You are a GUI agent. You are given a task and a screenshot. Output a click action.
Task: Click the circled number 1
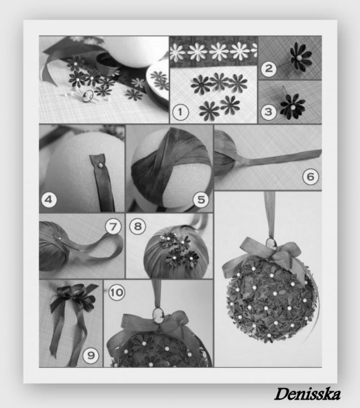coord(180,112)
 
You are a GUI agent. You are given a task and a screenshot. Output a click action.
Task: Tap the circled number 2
coord(269,69)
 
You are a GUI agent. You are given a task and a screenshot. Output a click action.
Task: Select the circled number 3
coord(268,112)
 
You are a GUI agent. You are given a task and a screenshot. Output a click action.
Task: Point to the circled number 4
coord(49,200)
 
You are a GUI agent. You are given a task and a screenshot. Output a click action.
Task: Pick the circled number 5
coord(201,200)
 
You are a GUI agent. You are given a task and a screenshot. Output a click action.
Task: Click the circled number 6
coord(310,177)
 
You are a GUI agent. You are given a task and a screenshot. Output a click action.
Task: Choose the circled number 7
coord(113,226)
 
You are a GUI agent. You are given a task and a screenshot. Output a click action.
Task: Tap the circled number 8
coord(138,226)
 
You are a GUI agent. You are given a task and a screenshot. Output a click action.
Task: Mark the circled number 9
coord(90,355)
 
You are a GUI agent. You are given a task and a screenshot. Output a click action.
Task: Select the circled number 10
coord(117,292)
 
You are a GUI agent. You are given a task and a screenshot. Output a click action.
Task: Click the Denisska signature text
coord(308,394)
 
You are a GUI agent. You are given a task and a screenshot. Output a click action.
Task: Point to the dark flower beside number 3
coord(292,106)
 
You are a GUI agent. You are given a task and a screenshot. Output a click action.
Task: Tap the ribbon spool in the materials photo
coord(105,61)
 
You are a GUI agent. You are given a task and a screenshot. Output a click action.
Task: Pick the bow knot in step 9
coord(73,293)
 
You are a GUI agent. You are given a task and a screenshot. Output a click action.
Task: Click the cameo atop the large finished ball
coord(271,244)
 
